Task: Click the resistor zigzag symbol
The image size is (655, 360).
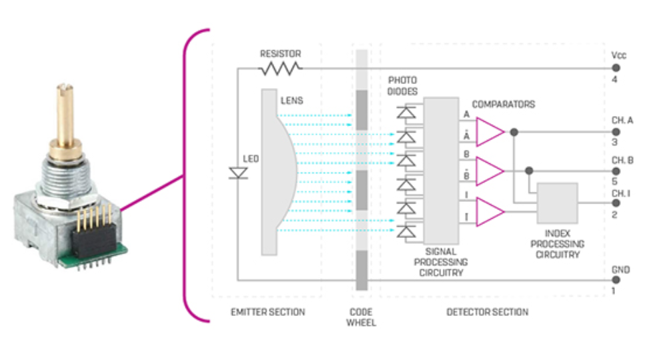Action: click(x=280, y=69)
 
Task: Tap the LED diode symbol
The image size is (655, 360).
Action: click(x=238, y=173)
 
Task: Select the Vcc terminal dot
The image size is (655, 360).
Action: click(x=616, y=68)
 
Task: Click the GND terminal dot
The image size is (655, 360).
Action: click(x=616, y=280)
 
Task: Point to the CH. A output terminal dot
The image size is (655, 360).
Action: click(x=616, y=132)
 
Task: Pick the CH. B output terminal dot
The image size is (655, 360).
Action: click(x=616, y=171)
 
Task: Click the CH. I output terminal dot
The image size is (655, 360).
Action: click(x=616, y=203)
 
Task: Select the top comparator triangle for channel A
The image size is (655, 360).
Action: click(x=490, y=132)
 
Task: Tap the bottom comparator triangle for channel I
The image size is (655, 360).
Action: click(x=490, y=212)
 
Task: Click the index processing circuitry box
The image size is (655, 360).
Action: click(x=557, y=203)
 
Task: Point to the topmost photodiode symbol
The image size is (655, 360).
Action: click(x=406, y=113)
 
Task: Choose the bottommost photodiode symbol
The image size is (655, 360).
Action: click(x=406, y=231)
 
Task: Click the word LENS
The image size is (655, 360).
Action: click(x=291, y=101)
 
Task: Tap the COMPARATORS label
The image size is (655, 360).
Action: click(x=504, y=105)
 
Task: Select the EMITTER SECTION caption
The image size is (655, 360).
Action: click(x=267, y=312)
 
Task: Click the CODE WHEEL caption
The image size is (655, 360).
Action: click(x=362, y=317)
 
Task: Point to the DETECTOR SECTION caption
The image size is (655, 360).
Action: click(x=487, y=312)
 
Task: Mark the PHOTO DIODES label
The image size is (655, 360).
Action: click(x=402, y=85)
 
